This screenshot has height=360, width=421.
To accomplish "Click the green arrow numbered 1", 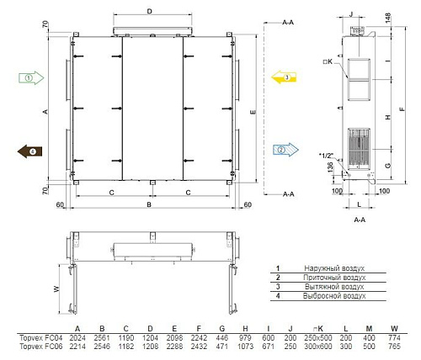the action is pyautogui.click(x=31, y=78).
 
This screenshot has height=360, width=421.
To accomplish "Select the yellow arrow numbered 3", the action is pyautogui.click(x=284, y=77).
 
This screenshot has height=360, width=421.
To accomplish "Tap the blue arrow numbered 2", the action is pyautogui.click(x=285, y=150).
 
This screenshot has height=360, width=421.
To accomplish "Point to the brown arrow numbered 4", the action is pyautogui.click(x=29, y=151).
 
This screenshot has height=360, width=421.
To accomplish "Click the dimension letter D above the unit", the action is pyautogui.click(x=150, y=11).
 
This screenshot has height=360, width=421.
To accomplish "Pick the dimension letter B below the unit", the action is pyautogui.click(x=149, y=204).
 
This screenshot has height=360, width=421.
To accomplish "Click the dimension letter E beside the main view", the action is pyautogui.click(x=253, y=112).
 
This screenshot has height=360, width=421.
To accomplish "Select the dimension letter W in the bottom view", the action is pyautogui.click(x=56, y=289).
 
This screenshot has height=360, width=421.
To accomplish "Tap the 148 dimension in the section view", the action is pyautogui.click(x=387, y=18).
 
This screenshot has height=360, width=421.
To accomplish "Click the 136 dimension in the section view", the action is pyautogui.click(x=330, y=167).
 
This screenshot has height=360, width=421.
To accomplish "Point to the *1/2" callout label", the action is pyautogui.click(x=326, y=155).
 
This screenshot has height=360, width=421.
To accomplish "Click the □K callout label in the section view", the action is pyautogui.click(x=328, y=61).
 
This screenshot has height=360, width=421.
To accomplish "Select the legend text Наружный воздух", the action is pyautogui.click(x=334, y=268).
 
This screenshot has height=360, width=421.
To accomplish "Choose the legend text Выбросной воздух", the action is pyautogui.click(x=334, y=296).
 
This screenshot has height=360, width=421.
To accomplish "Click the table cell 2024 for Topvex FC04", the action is pyautogui.click(x=77, y=338).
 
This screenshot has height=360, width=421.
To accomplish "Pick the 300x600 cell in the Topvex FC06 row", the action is pyautogui.click(x=318, y=347).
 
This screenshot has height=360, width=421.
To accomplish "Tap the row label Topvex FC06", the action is pyautogui.click(x=41, y=347).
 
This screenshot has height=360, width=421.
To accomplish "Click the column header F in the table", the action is pyautogui.click(x=199, y=329).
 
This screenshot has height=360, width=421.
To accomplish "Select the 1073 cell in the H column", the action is pyautogui.click(x=245, y=347).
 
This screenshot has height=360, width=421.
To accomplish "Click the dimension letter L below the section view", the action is pyautogui.click(x=359, y=204).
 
